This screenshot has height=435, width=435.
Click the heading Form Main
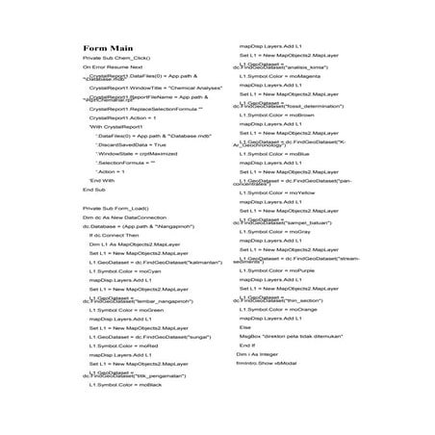(108, 74)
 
